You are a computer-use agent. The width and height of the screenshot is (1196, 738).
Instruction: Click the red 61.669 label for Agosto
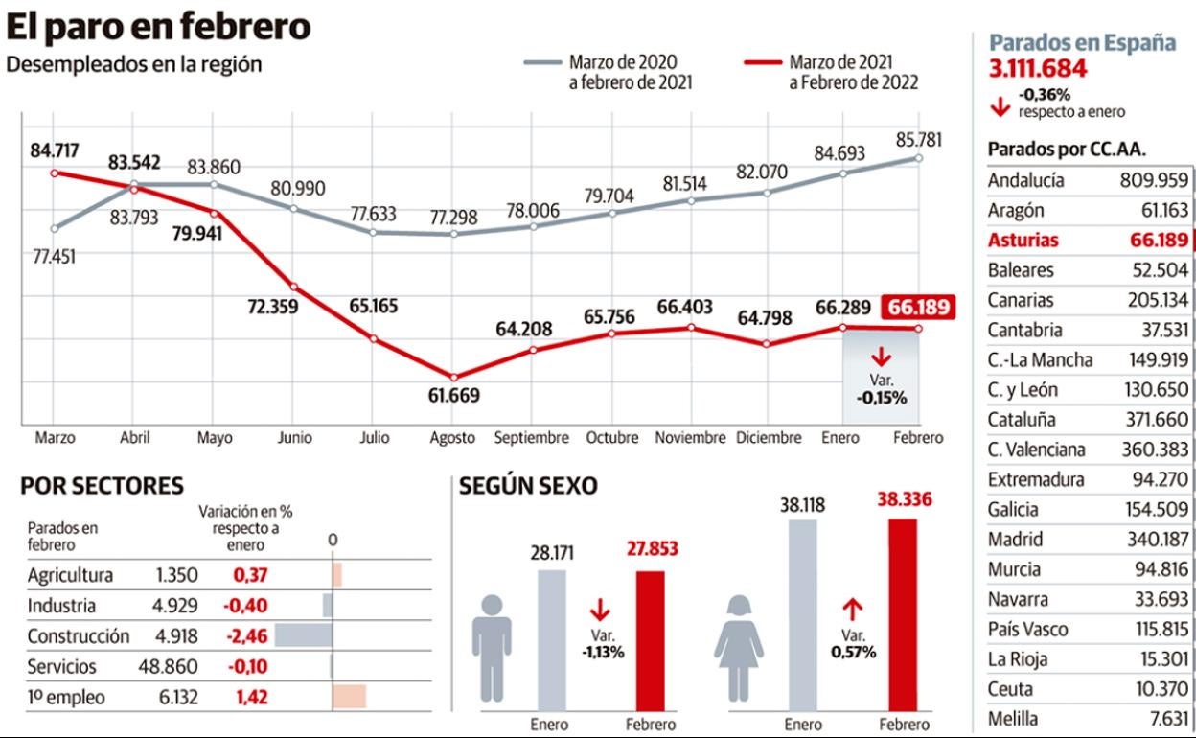click(x=454, y=395)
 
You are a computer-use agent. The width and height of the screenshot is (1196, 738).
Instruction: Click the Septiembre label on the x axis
click(x=531, y=438)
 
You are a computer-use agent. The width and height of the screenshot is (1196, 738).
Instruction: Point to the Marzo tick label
click(x=55, y=438)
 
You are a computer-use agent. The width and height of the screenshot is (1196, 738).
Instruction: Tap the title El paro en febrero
click(x=158, y=27)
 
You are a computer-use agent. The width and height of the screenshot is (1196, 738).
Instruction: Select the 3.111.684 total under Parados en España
click(x=1038, y=69)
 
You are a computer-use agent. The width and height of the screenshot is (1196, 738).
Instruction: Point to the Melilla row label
click(x=1014, y=719)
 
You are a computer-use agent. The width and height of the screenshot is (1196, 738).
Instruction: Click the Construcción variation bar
click(x=304, y=635)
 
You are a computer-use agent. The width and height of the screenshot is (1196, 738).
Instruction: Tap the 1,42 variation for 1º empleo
click(x=251, y=697)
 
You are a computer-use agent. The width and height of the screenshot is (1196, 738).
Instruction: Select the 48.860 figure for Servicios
click(x=169, y=666)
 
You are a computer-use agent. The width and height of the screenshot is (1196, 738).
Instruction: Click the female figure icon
click(x=739, y=647)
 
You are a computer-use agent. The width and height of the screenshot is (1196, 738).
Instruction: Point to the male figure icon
click(x=492, y=648)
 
